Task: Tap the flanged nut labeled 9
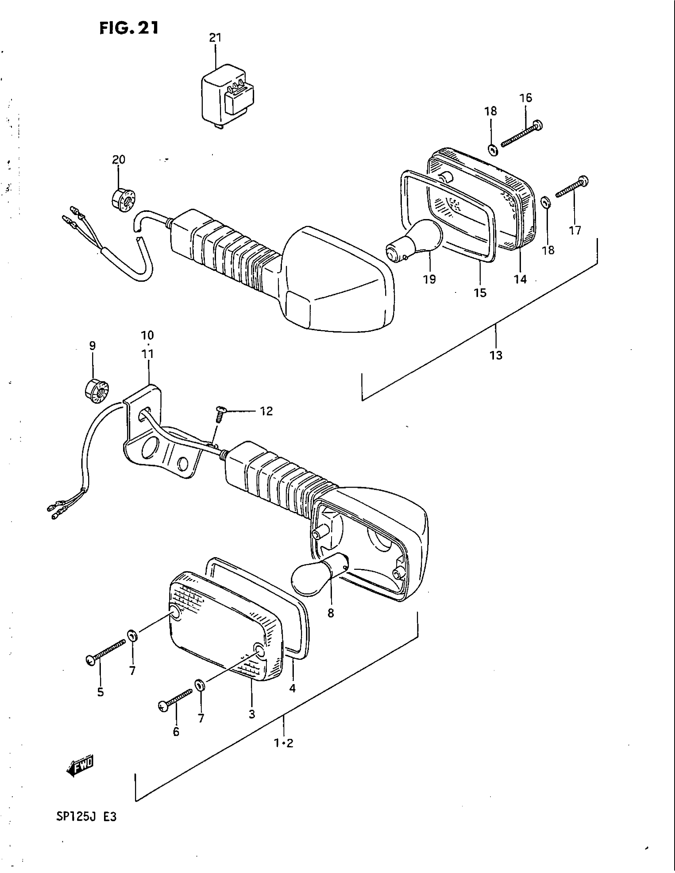coord(97,391)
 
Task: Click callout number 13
coord(496,355)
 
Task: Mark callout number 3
coord(251,714)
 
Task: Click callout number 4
coord(292,688)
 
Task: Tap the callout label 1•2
coord(284,743)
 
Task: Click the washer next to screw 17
coord(545,203)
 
